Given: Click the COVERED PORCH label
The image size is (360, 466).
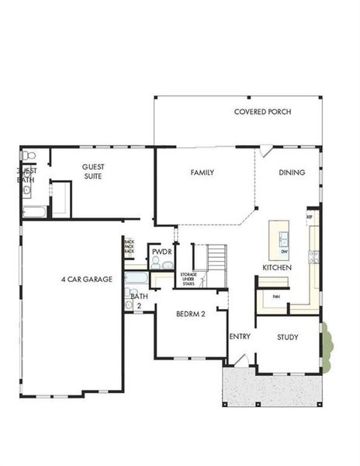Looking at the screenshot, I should point(262,112).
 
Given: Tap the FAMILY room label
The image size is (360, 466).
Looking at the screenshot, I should point(202,172).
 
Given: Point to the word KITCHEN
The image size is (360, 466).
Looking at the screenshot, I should point(276,267).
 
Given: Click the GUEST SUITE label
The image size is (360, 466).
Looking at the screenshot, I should point(88,171).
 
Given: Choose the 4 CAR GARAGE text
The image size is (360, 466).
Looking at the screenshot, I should point(87,279).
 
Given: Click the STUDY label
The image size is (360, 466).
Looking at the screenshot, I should point(288,337).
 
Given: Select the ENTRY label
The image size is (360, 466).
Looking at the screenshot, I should point(239,336).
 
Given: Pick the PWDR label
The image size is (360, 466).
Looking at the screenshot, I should point(161,252).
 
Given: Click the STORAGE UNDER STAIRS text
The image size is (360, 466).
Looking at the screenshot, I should point(189,280).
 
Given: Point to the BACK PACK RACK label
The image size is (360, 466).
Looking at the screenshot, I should point(129,247).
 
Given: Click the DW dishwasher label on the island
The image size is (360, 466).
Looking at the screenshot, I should point(284,251).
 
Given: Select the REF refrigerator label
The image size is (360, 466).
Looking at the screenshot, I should point(309,217).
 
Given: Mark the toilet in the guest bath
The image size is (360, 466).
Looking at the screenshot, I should point(29,156).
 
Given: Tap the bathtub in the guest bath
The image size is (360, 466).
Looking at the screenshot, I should point(34,211).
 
